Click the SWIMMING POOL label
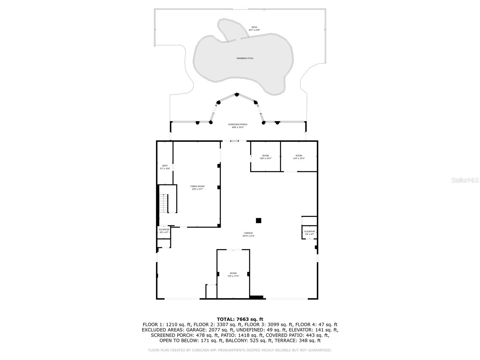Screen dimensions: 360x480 click(x=245, y=58)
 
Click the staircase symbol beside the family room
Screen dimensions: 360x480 click(x=163, y=203)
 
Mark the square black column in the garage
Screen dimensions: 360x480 click(x=258, y=220)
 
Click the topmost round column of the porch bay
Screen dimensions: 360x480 click(x=237, y=94)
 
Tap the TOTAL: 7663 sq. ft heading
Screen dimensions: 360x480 click(x=240, y=319)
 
